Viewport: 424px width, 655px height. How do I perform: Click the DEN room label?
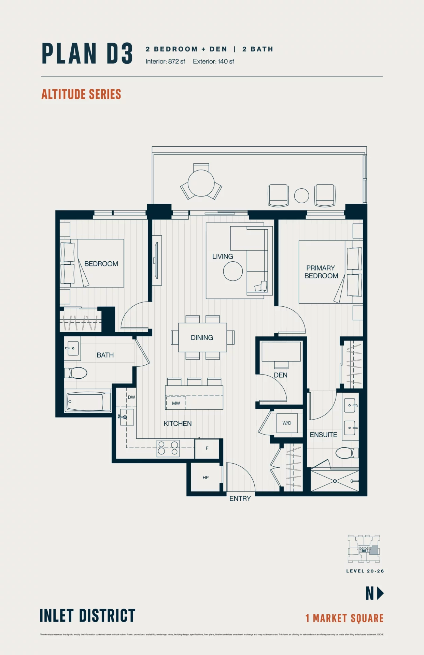point(280,375)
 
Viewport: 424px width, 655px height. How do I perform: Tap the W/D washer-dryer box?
point(287,423)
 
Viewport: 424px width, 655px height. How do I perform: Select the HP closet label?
point(206,478)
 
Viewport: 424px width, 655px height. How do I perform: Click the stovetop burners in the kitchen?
point(168,448)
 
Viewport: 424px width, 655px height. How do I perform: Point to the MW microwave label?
point(176,403)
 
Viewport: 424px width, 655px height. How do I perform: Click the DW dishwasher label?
point(131,397)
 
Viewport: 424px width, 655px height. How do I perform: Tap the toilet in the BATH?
point(76,373)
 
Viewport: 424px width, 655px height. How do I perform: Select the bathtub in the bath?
point(88,402)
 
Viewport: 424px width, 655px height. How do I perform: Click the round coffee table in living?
point(233,271)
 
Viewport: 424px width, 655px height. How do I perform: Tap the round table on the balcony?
point(201,183)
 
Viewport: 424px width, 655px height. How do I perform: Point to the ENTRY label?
point(240,498)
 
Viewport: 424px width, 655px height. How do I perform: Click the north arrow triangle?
point(380,593)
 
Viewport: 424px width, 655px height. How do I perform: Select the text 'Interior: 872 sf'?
point(165,61)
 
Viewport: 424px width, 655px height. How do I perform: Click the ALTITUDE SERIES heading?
point(81,94)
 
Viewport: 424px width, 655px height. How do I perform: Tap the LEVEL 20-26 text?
point(365,571)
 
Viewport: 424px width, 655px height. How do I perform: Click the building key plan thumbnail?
point(364,549)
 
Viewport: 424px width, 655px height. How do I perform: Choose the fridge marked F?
point(207,448)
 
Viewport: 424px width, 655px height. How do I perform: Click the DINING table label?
point(202,337)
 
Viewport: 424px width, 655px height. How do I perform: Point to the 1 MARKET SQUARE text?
point(344,618)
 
